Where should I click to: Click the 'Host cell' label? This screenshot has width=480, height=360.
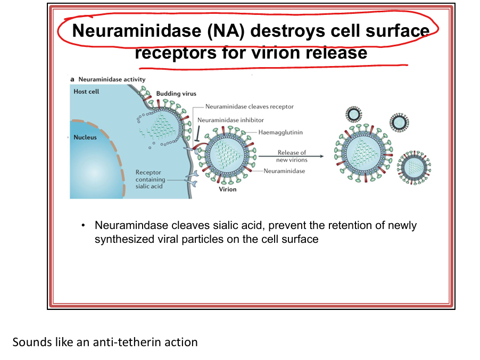(x=86, y=92)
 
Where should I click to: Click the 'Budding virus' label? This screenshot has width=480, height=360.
(x=176, y=94)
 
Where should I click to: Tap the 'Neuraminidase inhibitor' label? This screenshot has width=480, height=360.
(x=230, y=120)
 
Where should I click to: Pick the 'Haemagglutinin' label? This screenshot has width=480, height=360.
(x=280, y=132)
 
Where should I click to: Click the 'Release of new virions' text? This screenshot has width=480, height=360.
(x=291, y=156)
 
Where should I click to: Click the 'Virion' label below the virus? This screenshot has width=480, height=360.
(x=228, y=189)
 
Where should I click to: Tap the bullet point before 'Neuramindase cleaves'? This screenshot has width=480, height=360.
(x=84, y=226)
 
